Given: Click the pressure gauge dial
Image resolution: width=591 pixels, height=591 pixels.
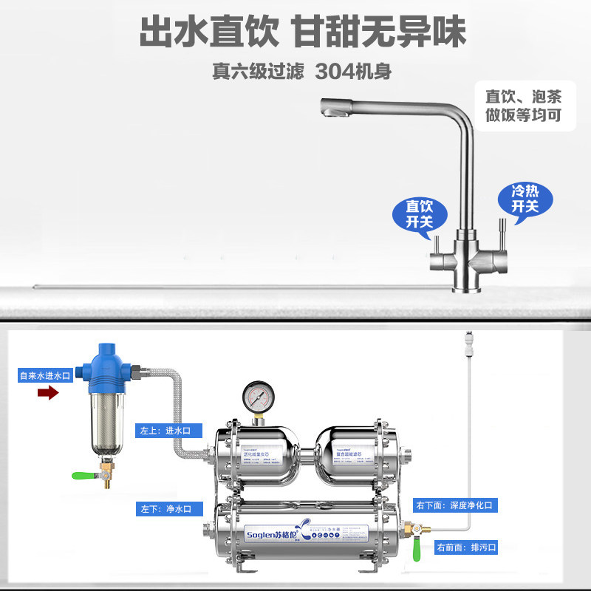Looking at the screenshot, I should point(258,398).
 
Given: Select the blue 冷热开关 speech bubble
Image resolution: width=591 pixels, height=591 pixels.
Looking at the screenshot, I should point(525,198).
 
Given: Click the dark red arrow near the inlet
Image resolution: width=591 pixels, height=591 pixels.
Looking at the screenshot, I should point(48,393).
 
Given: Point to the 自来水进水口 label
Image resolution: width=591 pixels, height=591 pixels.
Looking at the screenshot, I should point(45,375).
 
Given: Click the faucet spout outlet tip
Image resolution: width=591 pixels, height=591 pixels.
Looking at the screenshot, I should point(331,112).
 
